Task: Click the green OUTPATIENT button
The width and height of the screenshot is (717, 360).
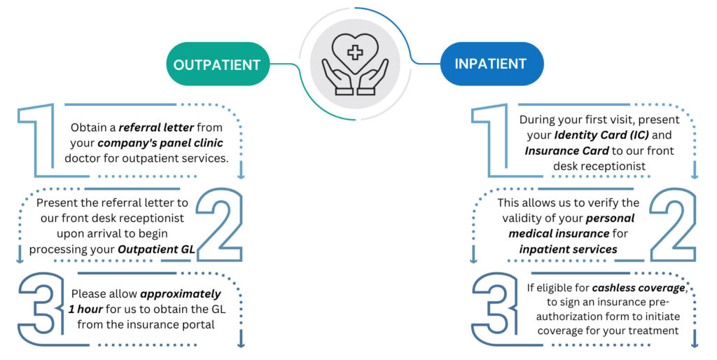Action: (x=216, y=64)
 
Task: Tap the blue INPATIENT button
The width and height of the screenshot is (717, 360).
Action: (x=490, y=64)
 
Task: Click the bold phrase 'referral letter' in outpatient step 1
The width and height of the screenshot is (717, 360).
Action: (x=154, y=127)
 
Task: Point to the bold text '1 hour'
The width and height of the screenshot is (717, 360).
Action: (x=92, y=310)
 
